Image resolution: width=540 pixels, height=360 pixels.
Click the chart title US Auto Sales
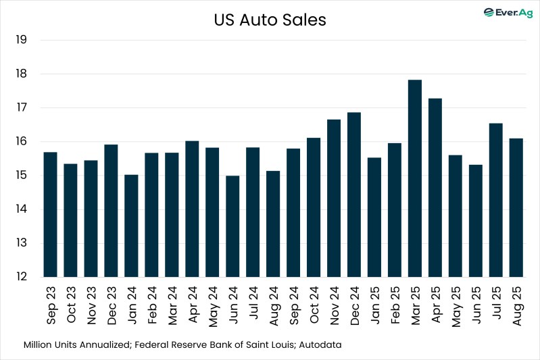click(x=270, y=20)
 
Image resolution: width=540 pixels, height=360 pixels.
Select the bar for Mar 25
click(x=415, y=178)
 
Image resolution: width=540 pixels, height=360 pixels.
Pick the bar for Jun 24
click(x=232, y=226)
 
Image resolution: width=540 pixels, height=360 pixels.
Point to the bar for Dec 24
click(x=354, y=195)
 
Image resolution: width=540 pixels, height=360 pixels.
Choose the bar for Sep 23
click(x=50, y=215)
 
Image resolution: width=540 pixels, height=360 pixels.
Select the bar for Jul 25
click(x=496, y=200)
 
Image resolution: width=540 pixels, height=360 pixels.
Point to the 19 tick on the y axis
click(x=20, y=40)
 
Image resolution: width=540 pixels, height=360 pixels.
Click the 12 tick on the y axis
click(x=20, y=277)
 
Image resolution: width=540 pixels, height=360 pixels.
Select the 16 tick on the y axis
click(x=20, y=142)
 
